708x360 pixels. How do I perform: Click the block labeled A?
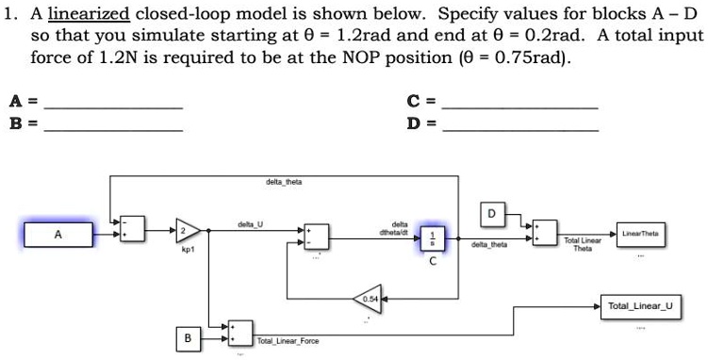[58, 234]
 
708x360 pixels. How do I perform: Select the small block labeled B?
[188, 336]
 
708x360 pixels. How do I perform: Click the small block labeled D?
[491, 213]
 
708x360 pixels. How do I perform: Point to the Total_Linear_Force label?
[288, 339]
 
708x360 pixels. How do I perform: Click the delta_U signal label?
[251, 223]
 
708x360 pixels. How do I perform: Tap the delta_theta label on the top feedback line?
[284, 181]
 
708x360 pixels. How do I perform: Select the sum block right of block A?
[133, 228]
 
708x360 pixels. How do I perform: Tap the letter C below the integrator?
[433, 262]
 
